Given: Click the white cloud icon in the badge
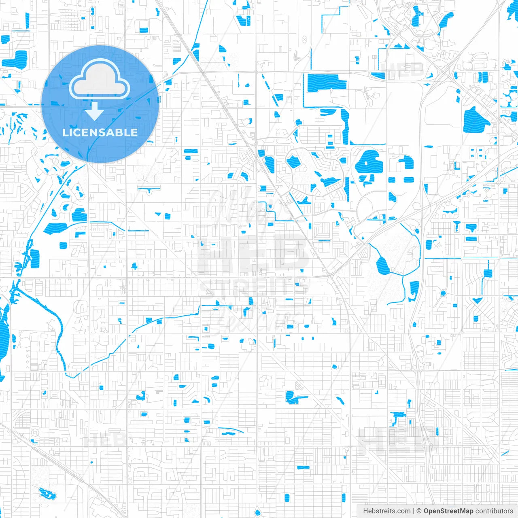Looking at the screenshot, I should (100, 80).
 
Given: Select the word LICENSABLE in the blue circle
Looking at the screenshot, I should (100, 132).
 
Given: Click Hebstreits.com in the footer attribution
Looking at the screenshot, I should (386, 511).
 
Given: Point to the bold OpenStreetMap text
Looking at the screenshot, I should (448, 511).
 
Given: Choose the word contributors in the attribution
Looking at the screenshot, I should (494, 511).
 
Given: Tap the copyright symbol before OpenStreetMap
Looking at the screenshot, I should (419, 511).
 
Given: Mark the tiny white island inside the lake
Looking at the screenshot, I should (366, 163).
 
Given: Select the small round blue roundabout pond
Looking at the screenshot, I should (443, 293).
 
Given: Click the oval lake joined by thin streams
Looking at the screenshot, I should (382, 266).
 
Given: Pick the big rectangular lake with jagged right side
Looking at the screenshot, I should (326, 83).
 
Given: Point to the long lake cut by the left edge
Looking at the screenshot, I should (4, 332).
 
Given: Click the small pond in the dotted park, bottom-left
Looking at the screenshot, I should (47, 493).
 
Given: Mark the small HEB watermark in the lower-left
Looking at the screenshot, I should (104, 439).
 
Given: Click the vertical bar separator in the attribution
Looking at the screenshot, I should (413, 511).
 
